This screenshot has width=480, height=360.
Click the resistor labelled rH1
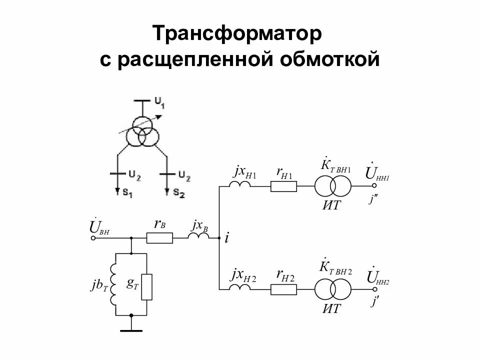(283, 186)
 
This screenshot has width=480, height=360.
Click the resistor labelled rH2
(283, 288)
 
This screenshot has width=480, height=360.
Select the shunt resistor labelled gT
(146, 286)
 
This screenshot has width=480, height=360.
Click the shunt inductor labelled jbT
(115, 286)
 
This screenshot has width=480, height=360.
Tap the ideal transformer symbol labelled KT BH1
(333, 186)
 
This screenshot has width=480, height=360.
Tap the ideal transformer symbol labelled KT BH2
(333, 288)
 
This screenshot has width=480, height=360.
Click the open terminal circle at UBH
(92, 238)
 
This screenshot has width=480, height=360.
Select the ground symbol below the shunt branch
(131, 330)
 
